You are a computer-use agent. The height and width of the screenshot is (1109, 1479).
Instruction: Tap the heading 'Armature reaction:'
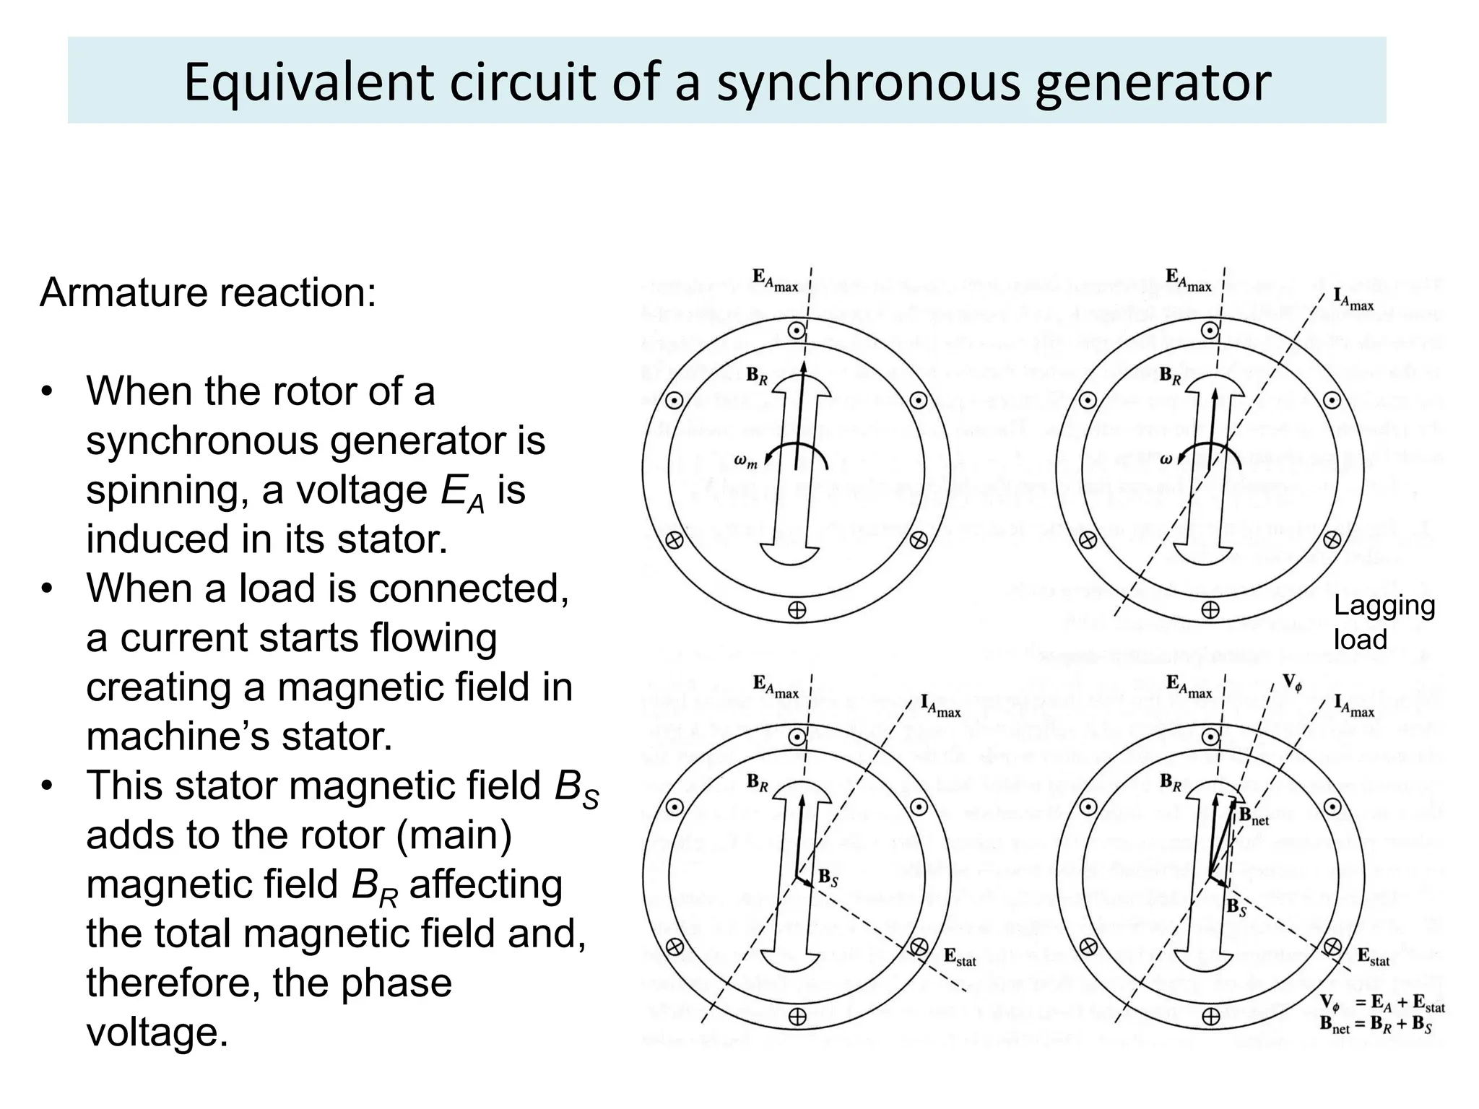[x=208, y=292]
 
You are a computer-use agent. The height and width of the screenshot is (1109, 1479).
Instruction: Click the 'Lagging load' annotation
[x=1384, y=622]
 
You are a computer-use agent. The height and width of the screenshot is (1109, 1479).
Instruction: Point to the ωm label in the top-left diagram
[x=746, y=461]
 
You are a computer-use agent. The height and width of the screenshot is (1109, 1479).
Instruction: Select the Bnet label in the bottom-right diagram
[x=1254, y=816]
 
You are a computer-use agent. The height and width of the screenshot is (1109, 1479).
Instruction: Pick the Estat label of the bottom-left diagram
[x=960, y=957]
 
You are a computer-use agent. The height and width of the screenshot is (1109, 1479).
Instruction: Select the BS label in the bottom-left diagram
[x=828, y=878]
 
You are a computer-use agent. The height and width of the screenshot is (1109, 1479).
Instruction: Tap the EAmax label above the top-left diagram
[x=775, y=280]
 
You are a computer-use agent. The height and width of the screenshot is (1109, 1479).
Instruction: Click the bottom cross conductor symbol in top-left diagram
[x=797, y=610]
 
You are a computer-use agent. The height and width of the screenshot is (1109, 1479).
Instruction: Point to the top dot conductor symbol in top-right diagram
[x=1210, y=331]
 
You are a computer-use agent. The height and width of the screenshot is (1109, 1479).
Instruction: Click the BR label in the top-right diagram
[x=1170, y=375]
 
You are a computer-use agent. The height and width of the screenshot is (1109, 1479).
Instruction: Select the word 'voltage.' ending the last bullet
[x=157, y=1032]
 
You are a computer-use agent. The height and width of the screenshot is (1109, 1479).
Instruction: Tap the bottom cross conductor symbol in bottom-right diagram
[x=1211, y=1017]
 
